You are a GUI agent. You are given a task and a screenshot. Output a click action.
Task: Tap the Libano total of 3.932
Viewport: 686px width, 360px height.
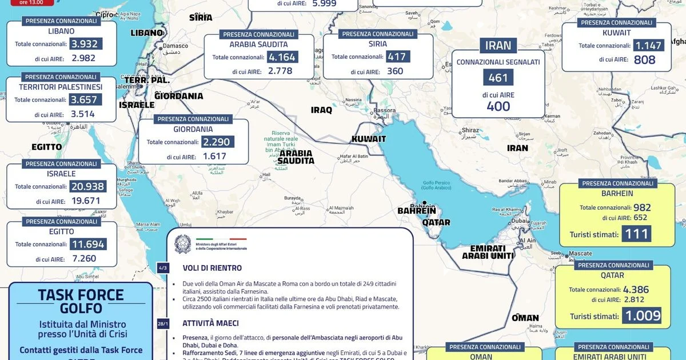point(85,44)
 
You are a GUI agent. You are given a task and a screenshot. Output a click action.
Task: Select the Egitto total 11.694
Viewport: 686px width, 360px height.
point(87,244)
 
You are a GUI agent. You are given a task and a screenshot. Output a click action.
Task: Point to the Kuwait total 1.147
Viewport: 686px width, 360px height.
point(648,45)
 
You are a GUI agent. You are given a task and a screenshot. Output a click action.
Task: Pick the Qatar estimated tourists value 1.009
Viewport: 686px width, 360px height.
point(643,316)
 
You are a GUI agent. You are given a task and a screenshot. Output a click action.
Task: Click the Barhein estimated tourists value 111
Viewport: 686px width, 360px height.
point(636,234)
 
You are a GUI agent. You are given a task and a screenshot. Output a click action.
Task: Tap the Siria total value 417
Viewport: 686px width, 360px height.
point(397,57)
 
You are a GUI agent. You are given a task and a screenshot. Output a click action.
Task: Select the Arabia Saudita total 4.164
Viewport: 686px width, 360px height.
point(282,57)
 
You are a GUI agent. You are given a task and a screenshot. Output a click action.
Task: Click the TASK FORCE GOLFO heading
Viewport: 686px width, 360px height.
point(81,301)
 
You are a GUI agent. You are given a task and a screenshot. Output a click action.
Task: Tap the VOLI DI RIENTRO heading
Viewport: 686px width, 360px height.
point(212,268)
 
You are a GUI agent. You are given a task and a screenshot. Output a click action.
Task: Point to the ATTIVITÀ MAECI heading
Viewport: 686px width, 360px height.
point(210,323)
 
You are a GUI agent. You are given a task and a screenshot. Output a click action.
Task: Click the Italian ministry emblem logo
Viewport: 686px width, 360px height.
point(183,242)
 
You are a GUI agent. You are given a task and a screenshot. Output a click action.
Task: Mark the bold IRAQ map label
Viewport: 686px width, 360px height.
point(321,110)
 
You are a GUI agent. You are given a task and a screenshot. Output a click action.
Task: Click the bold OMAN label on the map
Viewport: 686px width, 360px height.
point(525,318)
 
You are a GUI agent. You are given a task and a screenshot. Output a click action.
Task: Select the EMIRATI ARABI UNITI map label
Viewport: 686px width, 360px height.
point(488,252)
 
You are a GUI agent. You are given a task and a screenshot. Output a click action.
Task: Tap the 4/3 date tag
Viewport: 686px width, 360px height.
point(163,267)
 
